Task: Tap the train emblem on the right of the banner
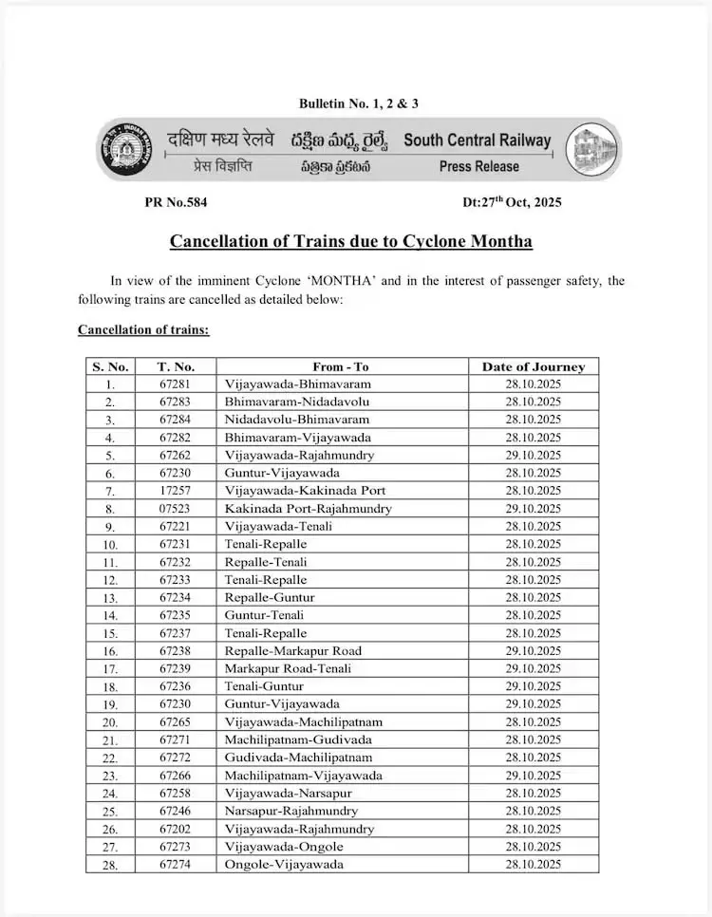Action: tap(594, 151)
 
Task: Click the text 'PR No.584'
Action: tap(176, 202)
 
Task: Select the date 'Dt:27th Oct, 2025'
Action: tap(512, 202)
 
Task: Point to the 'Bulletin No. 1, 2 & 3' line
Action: tap(359, 103)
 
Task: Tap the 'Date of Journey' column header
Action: tap(533, 366)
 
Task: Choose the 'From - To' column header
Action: tap(341, 366)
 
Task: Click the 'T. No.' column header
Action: tap(176, 366)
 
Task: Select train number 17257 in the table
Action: tap(176, 491)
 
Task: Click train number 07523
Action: tap(176, 509)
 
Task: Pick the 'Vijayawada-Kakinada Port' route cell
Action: tap(305, 491)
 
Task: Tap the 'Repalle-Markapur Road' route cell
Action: tap(292, 651)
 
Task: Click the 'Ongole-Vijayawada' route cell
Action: tap(284, 865)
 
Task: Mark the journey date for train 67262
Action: tap(533, 456)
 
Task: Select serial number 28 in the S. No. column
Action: tap(110, 865)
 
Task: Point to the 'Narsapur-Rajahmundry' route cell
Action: tap(290, 812)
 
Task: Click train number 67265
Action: tap(176, 722)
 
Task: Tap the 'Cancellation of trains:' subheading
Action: tap(143, 329)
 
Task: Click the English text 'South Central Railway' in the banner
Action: tap(477, 140)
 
